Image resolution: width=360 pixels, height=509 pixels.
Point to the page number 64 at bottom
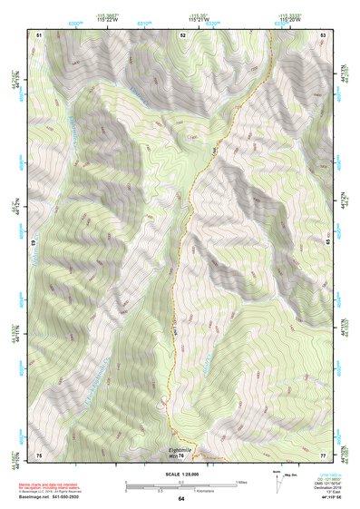click(x=180, y=499)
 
